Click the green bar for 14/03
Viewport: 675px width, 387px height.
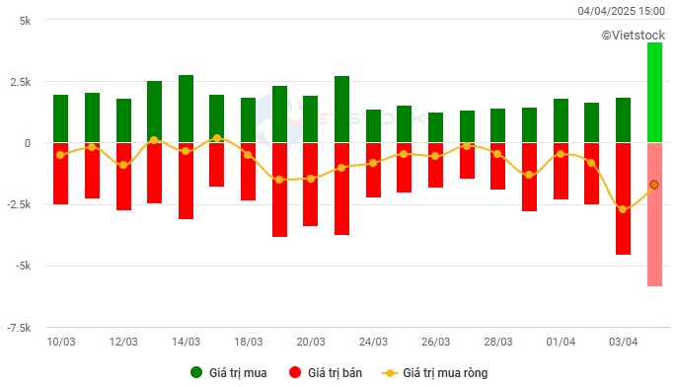pyautogui.click(x=186, y=109)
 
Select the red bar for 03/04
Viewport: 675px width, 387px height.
pyautogui.click(x=623, y=198)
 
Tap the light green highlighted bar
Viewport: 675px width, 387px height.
pyautogui.click(x=654, y=93)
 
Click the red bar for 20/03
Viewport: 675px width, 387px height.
pyautogui.click(x=310, y=185)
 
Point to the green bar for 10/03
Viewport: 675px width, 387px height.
pyautogui.click(x=60, y=118)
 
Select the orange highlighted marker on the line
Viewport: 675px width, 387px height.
pyautogui.click(x=654, y=185)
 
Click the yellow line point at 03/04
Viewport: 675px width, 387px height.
pyautogui.click(x=623, y=209)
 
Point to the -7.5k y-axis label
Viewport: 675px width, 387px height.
pyautogui.click(x=20, y=328)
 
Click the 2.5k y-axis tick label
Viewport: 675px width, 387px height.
pyautogui.click(x=21, y=82)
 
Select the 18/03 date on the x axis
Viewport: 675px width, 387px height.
pyautogui.click(x=248, y=342)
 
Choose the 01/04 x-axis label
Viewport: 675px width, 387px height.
pyautogui.click(x=561, y=342)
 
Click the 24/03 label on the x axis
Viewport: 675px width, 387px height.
pyautogui.click(x=373, y=342)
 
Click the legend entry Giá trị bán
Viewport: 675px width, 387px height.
pyautogui.click(x=322, y=373)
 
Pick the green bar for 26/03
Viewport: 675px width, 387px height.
pyautogui.click(x=435, y=127)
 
